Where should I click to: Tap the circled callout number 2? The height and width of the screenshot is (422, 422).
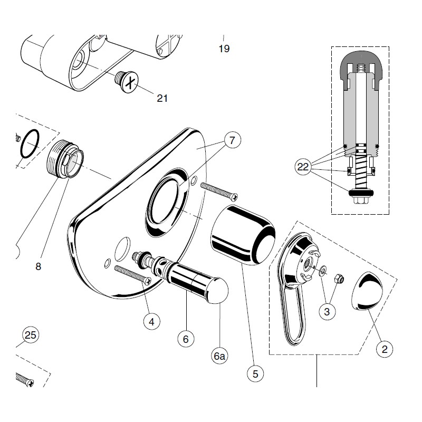coord(385,349)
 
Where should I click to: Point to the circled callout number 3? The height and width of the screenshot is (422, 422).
coord(327,311)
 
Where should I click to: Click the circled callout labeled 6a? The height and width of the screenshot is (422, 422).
coord(219,357)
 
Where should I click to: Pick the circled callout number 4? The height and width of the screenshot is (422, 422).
coord(152,320)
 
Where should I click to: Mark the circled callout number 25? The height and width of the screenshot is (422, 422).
coord(31,334)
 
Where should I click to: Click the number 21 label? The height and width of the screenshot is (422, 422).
coord(162,98)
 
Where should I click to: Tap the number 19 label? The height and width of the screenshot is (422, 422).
coord(224,49)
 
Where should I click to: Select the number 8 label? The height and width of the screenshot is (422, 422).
coord(38,267)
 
